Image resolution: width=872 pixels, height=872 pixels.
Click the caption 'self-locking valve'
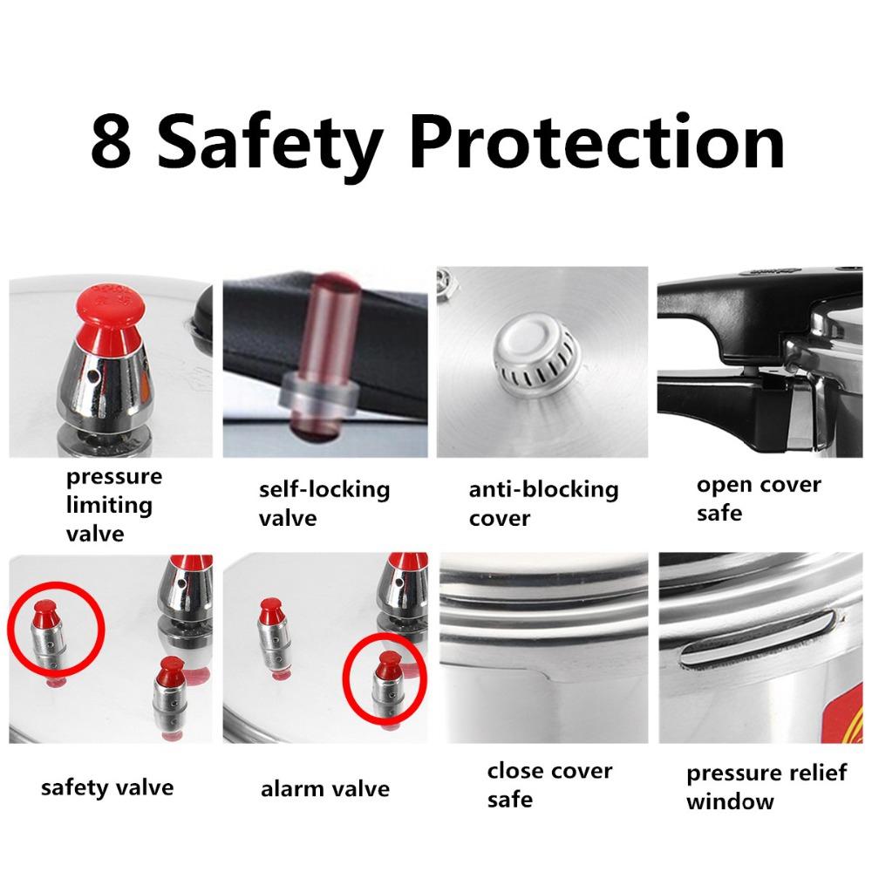point(324,503)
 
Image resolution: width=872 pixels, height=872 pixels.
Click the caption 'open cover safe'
point(759,498)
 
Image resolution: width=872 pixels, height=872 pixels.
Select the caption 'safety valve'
point(107,787)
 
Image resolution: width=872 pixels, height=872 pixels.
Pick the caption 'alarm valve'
point(324,789)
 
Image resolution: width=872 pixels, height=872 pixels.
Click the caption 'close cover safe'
point(549,784)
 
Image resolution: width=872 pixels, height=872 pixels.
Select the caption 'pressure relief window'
point(766,787)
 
